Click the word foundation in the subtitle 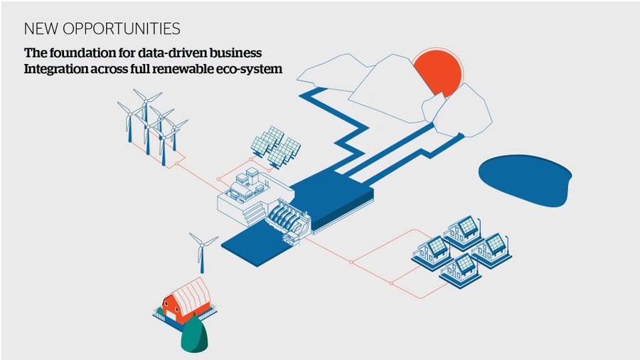click(x=80, y=53)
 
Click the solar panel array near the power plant click(x=276, y=147)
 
